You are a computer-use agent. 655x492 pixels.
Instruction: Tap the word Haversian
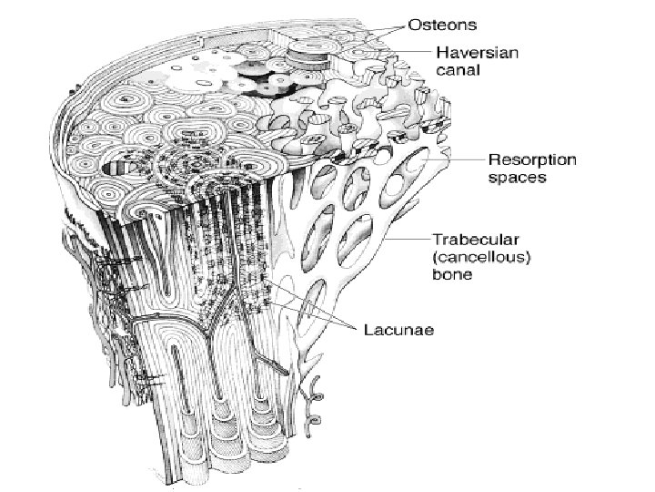(477, 53)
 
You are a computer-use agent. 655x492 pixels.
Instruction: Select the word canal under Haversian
(459, 70)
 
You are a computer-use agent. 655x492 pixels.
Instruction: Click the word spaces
(517, 178)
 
